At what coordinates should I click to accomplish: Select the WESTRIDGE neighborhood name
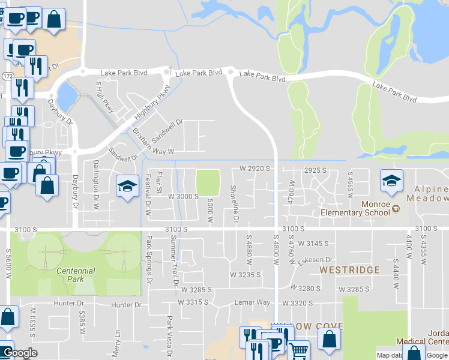[x=349, y=270]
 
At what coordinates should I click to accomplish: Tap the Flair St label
[x=159, y=183]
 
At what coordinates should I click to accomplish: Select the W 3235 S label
[x=246, y=275]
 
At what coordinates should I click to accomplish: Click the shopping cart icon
[x=298, y=350]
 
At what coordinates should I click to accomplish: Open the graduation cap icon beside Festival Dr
[x=127, y=187]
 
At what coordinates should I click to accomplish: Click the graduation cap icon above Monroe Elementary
[x=391, y=181]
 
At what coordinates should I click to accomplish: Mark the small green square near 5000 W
[x=208, y=183]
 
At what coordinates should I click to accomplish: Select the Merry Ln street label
[x=118, y=342]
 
